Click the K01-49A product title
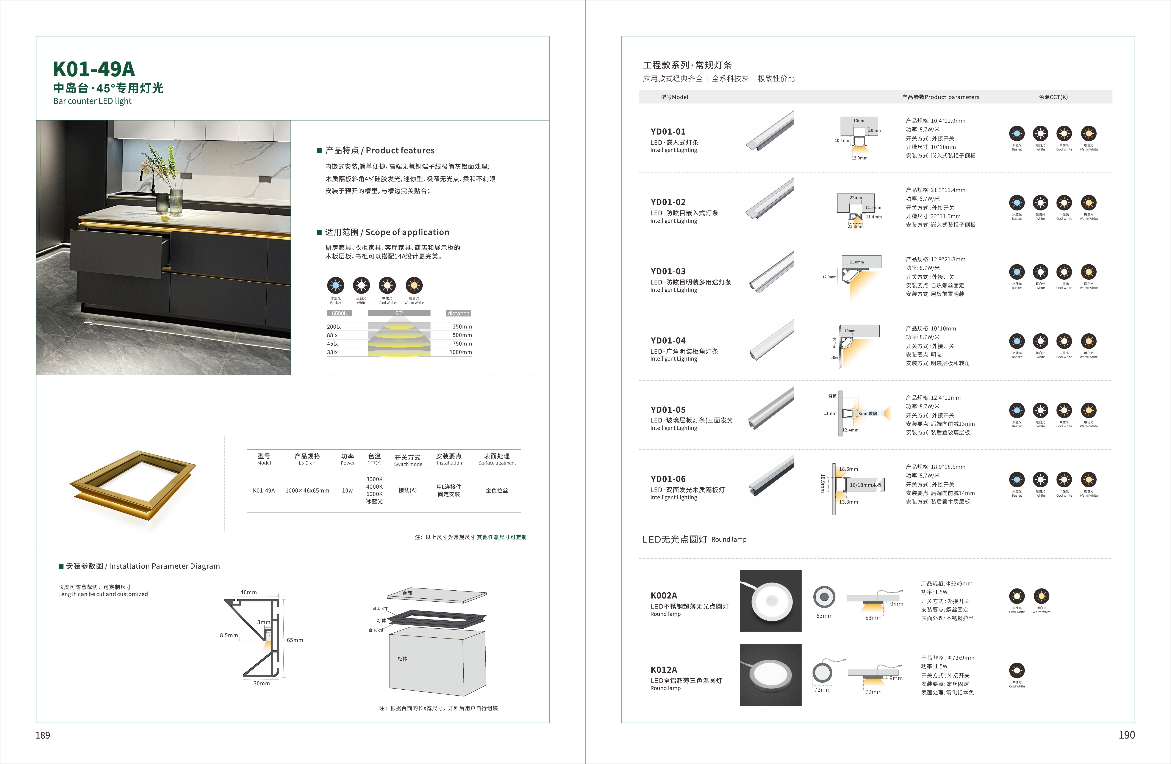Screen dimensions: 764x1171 tap(94, 69)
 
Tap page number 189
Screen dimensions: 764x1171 tap(43, 735)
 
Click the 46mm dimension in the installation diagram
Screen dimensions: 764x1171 tap(249, 592)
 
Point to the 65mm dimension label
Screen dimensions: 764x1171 tap(295, 640)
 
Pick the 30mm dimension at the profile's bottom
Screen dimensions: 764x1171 tap(261, 683)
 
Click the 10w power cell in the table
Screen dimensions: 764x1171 tap(347, 490)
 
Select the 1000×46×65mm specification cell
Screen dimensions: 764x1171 tap(307, 490)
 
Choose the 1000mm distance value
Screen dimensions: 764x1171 tap(461, 352)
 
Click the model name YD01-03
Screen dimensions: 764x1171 tap(668, 271)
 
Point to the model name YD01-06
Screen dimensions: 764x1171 tap(668, 479)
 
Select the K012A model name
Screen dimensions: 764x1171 tap(664, 670)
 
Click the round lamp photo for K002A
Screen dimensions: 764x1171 tap(771, 601)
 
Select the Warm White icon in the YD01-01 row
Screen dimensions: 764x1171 tap(1088, 133)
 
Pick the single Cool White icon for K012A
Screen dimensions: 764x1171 tap(1016, 670)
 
